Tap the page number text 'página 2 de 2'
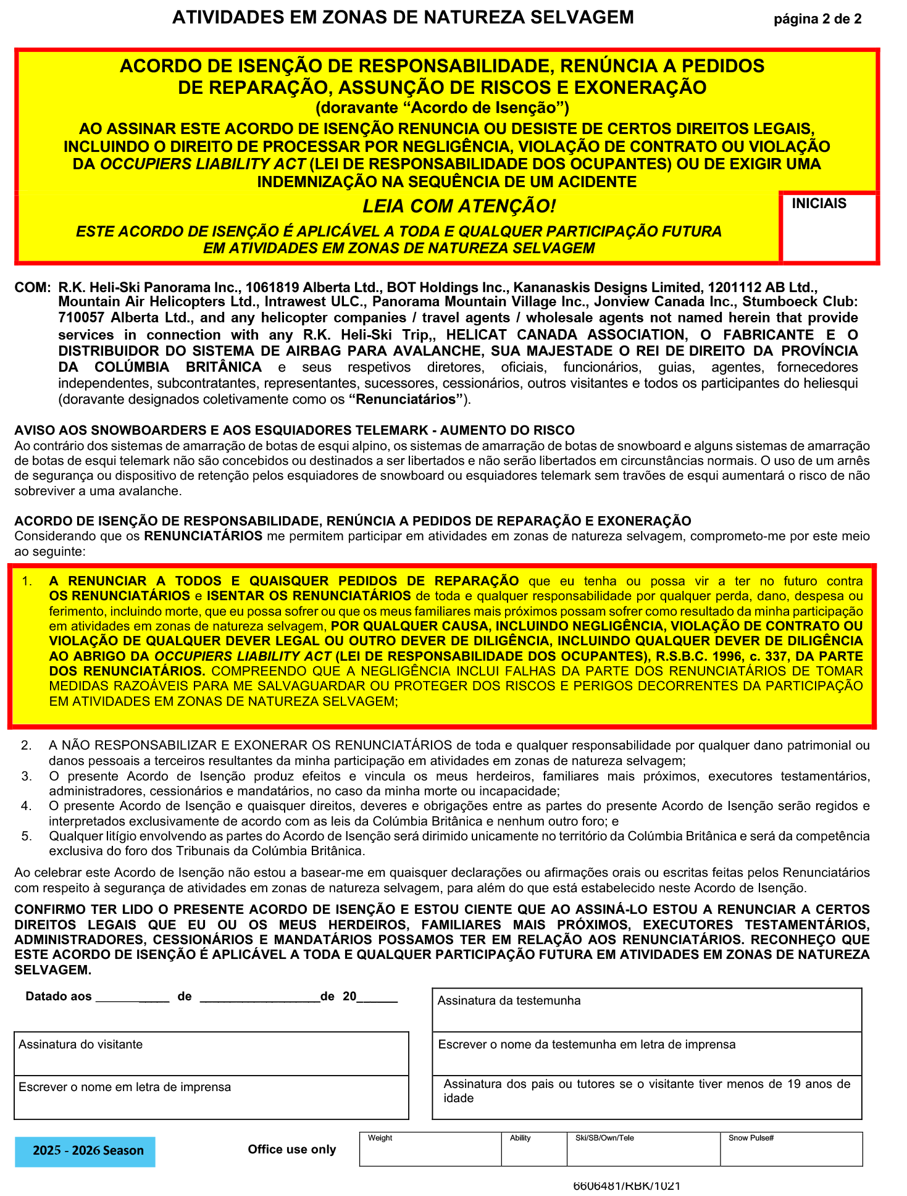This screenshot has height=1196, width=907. pyautogui.click(x=817, y=19)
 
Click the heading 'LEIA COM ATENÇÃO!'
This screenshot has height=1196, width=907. pyautogui.click(x=459, y=206)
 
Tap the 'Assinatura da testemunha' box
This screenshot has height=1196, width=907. pyautogui.click(x=646, y=1010)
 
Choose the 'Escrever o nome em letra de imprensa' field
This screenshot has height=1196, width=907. pyautogui.click(x=211, y=1097)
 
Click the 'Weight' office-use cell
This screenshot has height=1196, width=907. pyautogui.click(x=430, y=1150)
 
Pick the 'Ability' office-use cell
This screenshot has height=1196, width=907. pyautogui.click(x=534, y=1150)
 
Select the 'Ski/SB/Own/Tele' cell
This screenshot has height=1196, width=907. pyautogui.click(x=643, y=1150)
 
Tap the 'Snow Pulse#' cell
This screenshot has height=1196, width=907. pyautogui.click(x=791, y=1150)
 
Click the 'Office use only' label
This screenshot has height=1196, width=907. pyautogui.click(x=291, y=1150)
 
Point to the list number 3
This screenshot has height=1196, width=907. pyautogui.click(x=27, y=776)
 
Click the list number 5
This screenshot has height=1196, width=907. pyautogui.click(x=27, y=836)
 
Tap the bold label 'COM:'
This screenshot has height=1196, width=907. pyautogui.click(x=32, y=288)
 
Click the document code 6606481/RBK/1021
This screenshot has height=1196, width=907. pyautogui.click(x=627, y=1186)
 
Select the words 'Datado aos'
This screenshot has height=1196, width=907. pyautogui.click(x=59, y=997)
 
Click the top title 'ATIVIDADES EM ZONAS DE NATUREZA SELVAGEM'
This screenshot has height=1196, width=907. pyautogui.click(x=403, y=18)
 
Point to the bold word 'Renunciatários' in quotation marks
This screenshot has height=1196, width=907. pyautogui.click(x=406, y=399)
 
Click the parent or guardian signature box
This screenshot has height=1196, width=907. pyautogui.click(x=646, y=1097)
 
